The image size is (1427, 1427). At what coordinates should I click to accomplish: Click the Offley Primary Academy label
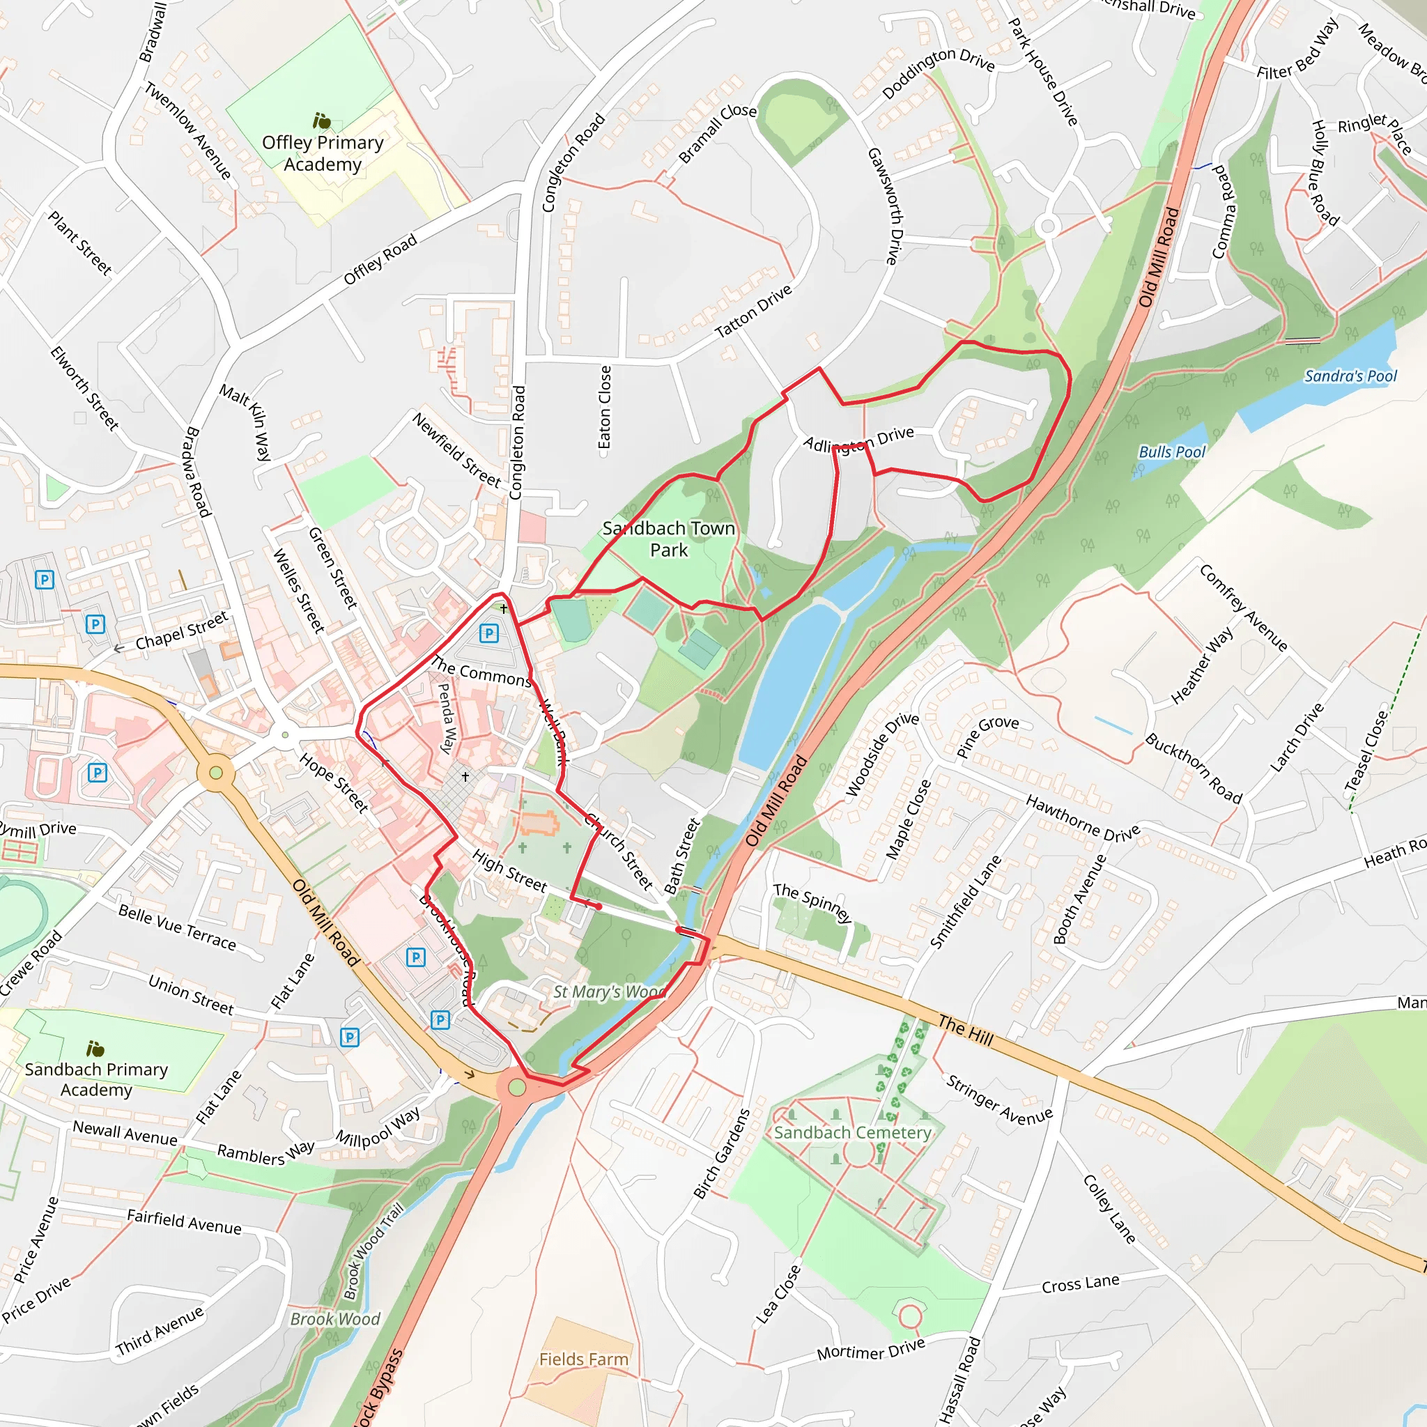tap(323, 153)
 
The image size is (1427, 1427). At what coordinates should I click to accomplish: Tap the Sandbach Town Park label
tap(668, 539)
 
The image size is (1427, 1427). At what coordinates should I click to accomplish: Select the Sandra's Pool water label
tap(1350, 377)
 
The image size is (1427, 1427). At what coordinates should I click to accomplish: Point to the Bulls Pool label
tap(1171, 452)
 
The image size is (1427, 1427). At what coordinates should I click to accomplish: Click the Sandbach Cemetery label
tap(852, 1133)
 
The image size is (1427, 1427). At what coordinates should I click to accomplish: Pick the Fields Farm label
tap(583, 1359)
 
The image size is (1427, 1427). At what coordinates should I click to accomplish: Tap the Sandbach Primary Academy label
tap(96, 1079)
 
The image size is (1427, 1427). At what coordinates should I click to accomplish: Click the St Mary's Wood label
tap(608, 992)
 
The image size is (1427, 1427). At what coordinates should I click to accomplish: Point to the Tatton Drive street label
tap(753, 311)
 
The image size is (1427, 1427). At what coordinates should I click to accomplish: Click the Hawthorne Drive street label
tap(1083, 819)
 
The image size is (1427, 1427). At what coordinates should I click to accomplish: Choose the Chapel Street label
tap(182, 630)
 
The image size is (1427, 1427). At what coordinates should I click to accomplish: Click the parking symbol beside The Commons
tap(489, 633)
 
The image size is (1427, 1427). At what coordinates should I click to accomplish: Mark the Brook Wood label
tap(334, 1319)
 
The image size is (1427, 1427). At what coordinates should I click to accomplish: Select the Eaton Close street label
tap(605, 407)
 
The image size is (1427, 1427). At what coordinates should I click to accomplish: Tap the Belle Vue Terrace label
tap(177, 928)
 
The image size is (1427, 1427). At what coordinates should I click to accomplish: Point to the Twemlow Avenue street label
tap(187, 131)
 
